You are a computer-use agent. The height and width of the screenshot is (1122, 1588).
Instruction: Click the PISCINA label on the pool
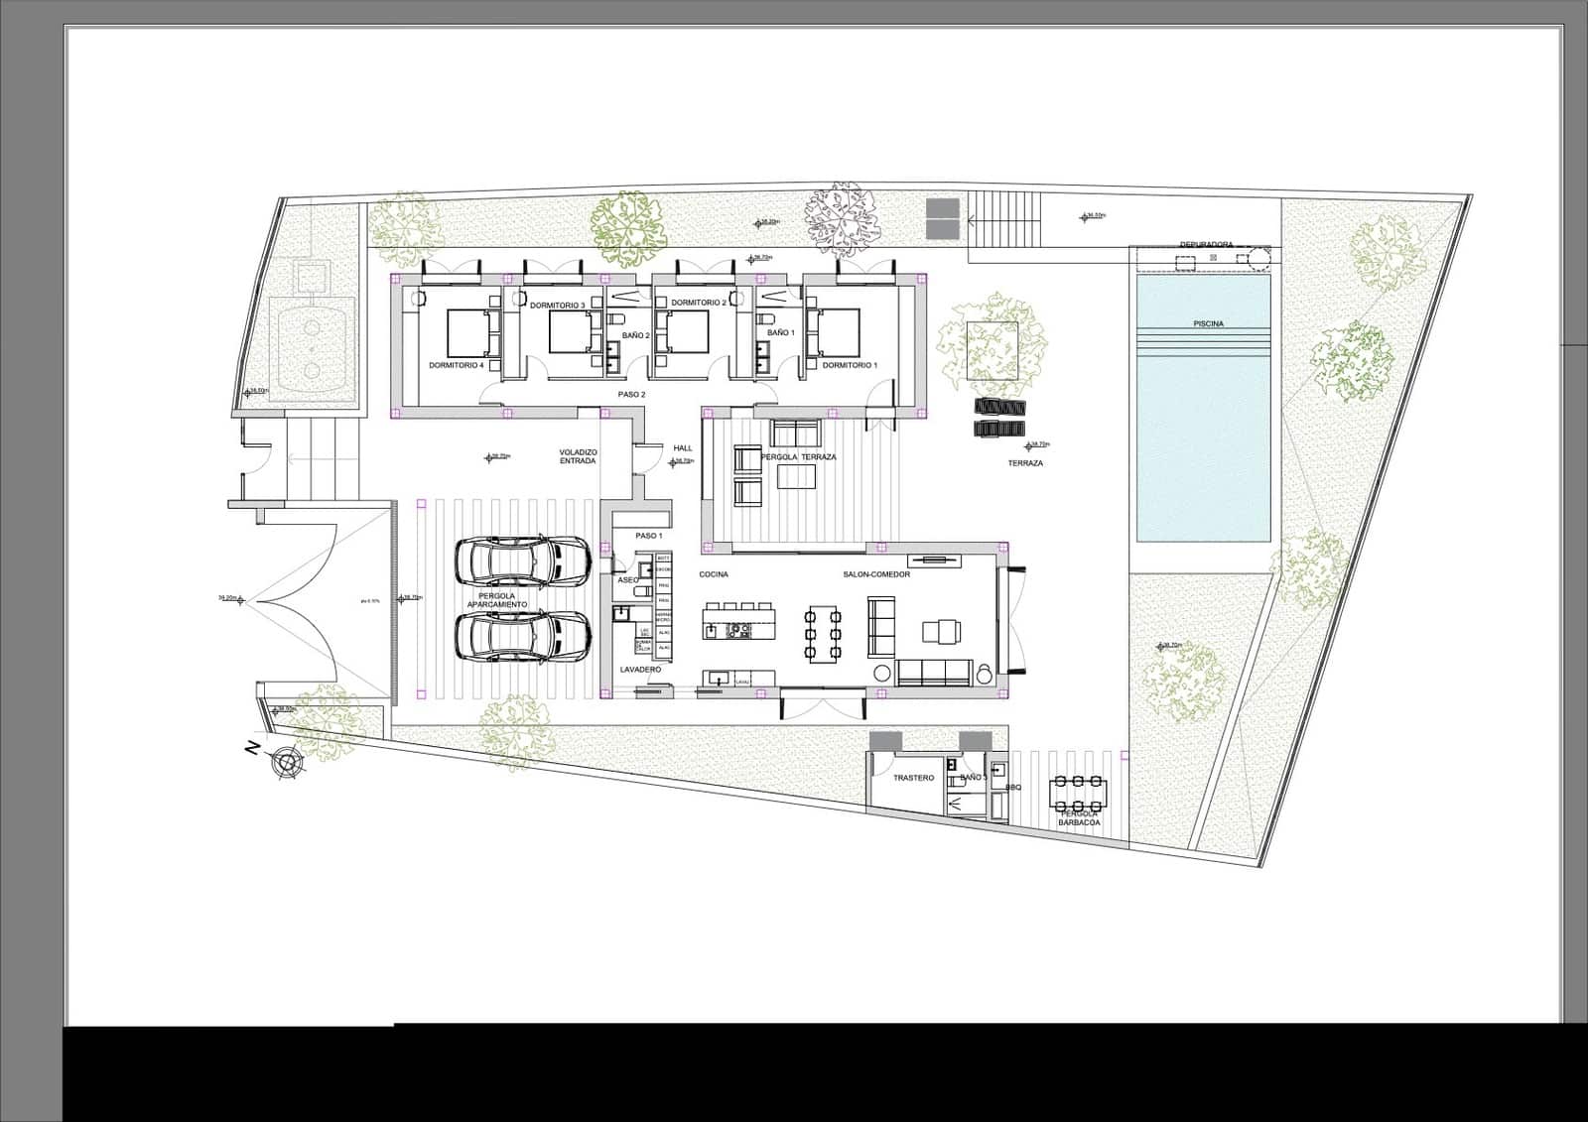click(x=1208, y=323)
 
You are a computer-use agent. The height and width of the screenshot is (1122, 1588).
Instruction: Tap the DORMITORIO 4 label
click(x=457, y=365)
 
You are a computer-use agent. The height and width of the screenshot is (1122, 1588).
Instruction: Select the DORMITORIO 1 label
click(x=850, y=365)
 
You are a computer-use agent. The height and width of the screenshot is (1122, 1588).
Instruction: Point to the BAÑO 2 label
click(x=635, y=335)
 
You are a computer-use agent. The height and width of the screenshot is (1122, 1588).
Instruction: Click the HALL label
click(x=683, y=448)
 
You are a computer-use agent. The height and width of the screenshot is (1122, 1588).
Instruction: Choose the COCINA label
click(x=714, y=574)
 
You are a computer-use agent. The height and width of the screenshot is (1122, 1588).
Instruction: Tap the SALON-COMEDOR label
click(x=870, y=574)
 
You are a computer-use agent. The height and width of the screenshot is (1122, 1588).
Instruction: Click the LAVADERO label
click(x=640, y=670)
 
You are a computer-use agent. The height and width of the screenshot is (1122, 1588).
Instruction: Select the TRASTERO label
click(x=913, y=778)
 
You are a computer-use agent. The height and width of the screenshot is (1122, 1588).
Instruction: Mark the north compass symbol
click(x=288, y=762)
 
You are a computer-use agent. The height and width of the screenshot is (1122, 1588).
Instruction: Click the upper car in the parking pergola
click(x=524, y=561)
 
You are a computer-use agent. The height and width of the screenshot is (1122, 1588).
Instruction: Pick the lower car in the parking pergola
click(x=524, y=635)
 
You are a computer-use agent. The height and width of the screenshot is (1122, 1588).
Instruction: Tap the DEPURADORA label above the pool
click(x=1206, y=244)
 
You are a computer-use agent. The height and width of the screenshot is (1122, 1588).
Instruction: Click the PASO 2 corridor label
click(x=631, y=394)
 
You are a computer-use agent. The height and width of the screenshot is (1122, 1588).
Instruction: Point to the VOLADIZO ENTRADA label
click(x=578, y=456)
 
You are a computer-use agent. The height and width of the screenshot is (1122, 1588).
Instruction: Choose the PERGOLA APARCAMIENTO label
click(x=497, y=600)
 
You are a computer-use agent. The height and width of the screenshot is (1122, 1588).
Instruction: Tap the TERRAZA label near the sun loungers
click(x=1025, y=463)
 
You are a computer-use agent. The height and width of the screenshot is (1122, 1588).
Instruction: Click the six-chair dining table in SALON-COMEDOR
click(x=823, y=632)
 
